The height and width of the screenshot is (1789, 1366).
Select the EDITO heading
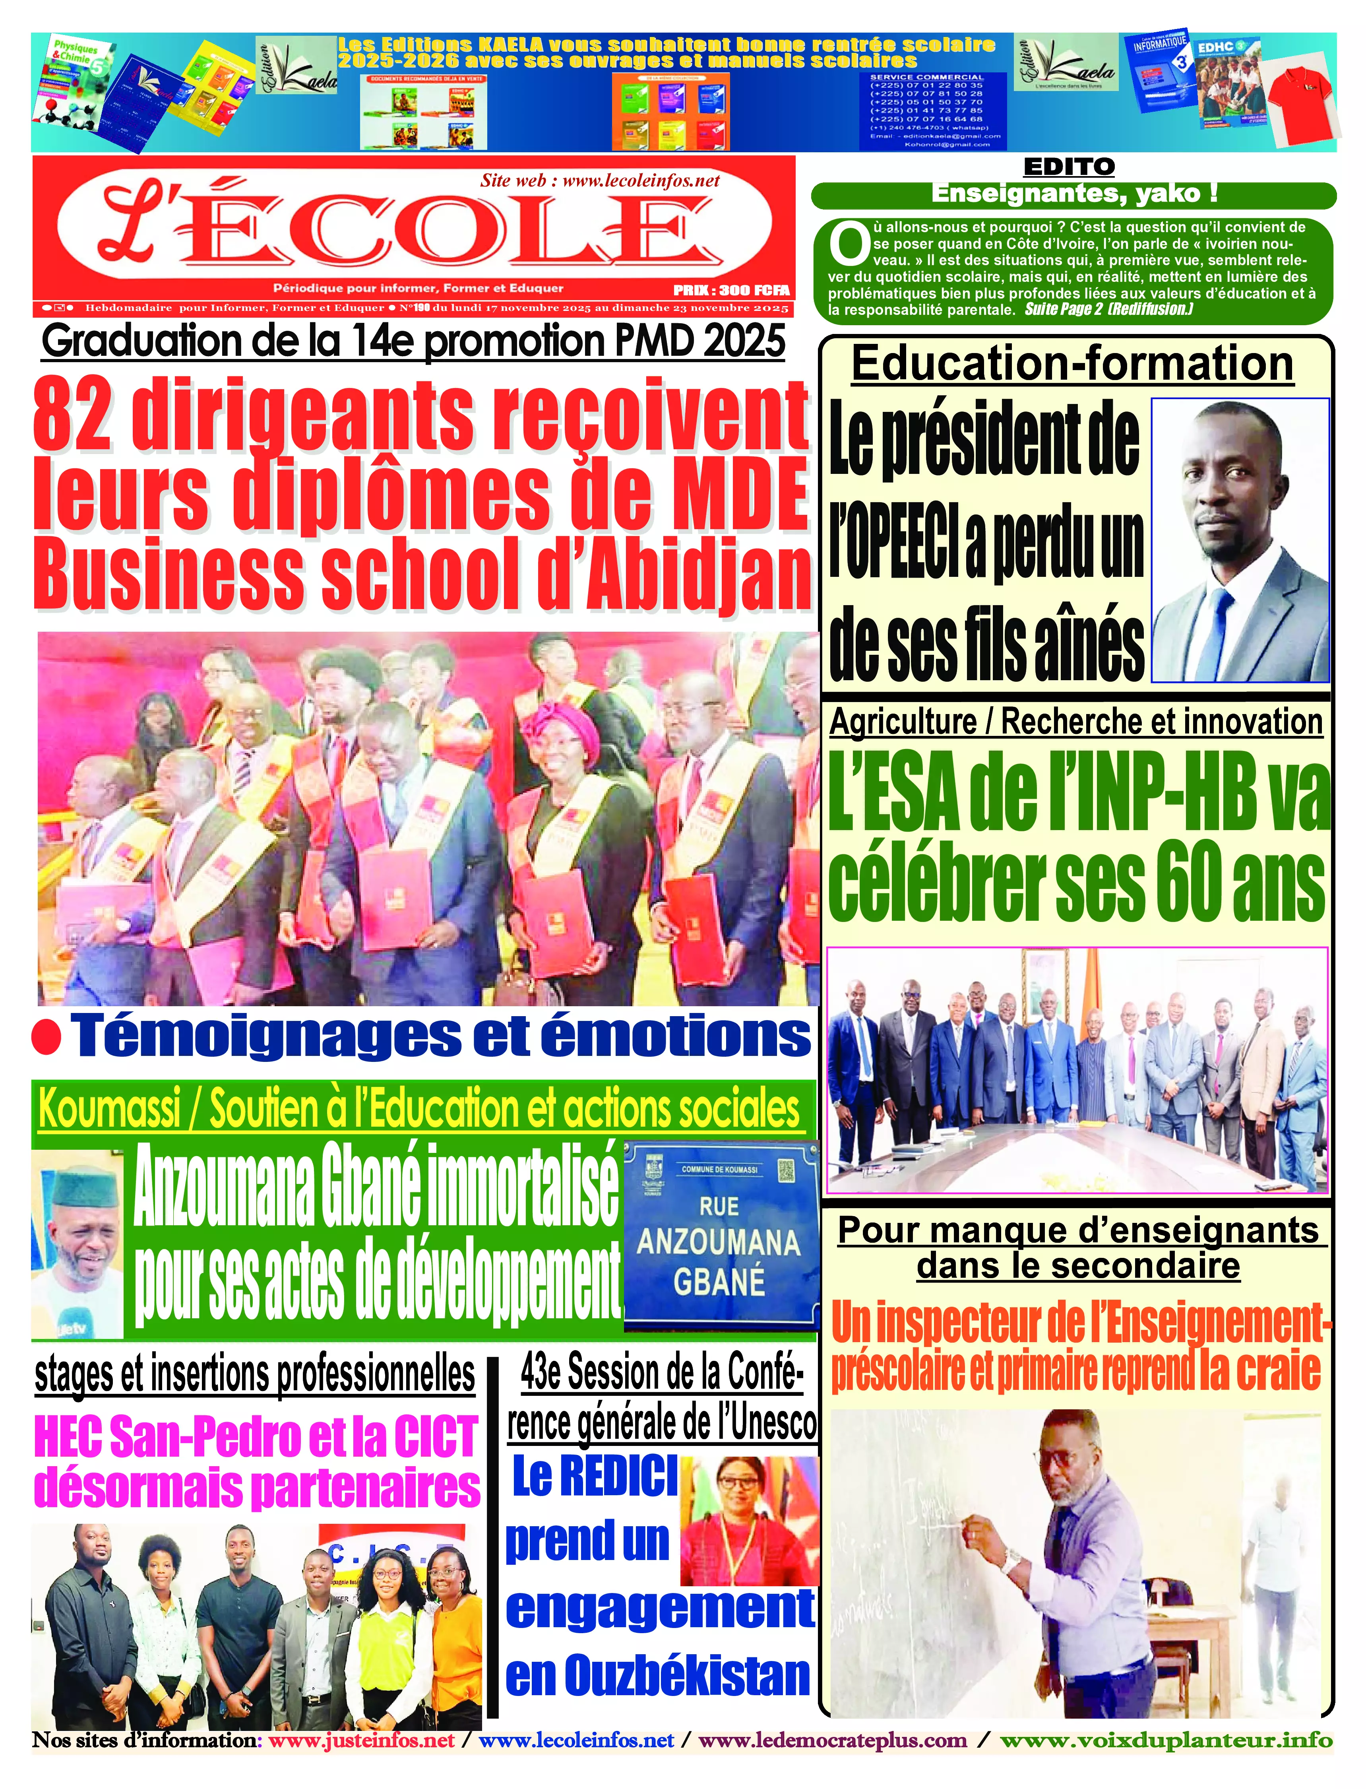[x=1068, y=167]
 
